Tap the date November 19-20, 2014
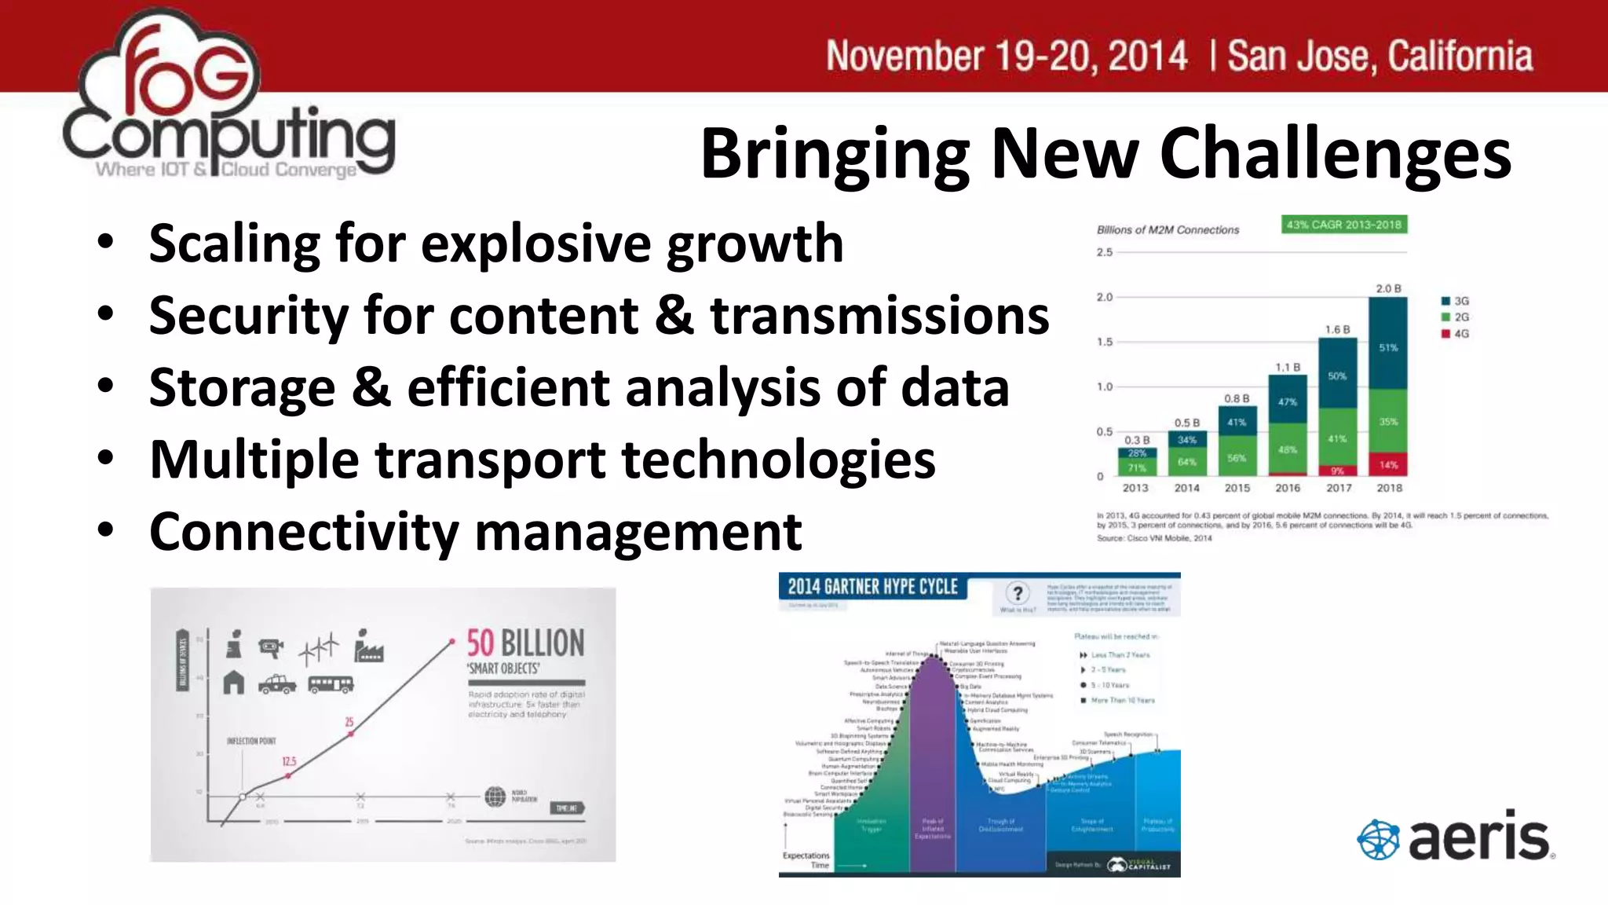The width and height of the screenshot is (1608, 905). (1007, 57)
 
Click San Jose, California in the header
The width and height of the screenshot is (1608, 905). (1380, 57)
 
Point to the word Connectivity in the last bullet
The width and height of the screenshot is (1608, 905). (303, 532)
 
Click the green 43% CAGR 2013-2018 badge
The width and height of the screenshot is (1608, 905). (1343, 225)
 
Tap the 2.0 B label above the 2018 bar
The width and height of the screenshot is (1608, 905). (1388, 288)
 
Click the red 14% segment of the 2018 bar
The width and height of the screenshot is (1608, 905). (1388, 464)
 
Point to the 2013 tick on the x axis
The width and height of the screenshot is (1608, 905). (1135, 488)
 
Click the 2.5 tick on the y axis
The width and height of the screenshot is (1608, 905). (1105, 252)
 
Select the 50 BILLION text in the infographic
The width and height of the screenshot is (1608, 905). (525, 643)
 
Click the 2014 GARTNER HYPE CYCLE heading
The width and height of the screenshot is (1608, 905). (872, 587)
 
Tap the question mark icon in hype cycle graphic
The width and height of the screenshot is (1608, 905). (1018, 593)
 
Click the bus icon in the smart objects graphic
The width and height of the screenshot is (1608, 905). (331, 684)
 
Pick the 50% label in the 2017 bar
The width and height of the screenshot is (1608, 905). (1337, 376)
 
